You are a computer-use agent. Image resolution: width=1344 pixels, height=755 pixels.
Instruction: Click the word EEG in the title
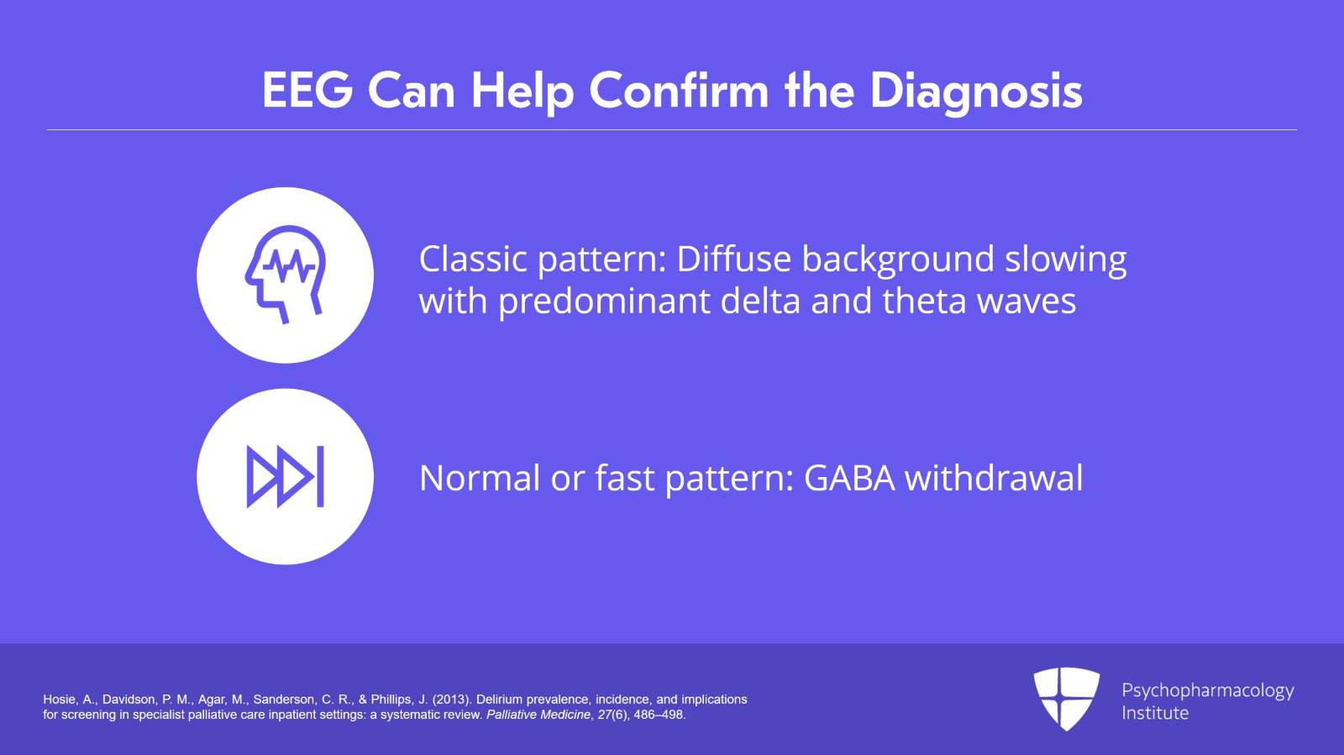[307, 91]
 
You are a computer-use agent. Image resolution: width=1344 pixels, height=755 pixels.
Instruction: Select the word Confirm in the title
[679, 91]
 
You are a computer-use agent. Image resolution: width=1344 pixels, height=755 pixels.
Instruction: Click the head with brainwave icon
[285, 274]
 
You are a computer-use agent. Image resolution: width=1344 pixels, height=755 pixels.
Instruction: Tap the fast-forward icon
[285, 476]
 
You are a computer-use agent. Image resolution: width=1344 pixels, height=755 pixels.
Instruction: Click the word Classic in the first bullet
[473, 259]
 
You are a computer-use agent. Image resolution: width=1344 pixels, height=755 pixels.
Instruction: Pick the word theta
[925, 301]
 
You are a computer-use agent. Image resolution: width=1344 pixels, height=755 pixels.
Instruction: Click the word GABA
[849, 478]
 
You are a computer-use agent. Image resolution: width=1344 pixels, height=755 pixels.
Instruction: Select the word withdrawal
[994, 477]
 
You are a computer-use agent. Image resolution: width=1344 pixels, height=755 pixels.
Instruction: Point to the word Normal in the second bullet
[480, 478]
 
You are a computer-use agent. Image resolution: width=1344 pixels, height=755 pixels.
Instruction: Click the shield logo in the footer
[1066, 699]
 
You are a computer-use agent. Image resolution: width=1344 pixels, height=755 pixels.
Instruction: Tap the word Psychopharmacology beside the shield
[1208, 691]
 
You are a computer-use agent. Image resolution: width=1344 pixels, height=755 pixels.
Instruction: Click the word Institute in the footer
[1155, 713]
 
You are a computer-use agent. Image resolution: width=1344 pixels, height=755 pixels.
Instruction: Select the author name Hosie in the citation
[60, 700]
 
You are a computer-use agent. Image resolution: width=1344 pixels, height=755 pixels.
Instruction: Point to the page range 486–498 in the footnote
[659, 715]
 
